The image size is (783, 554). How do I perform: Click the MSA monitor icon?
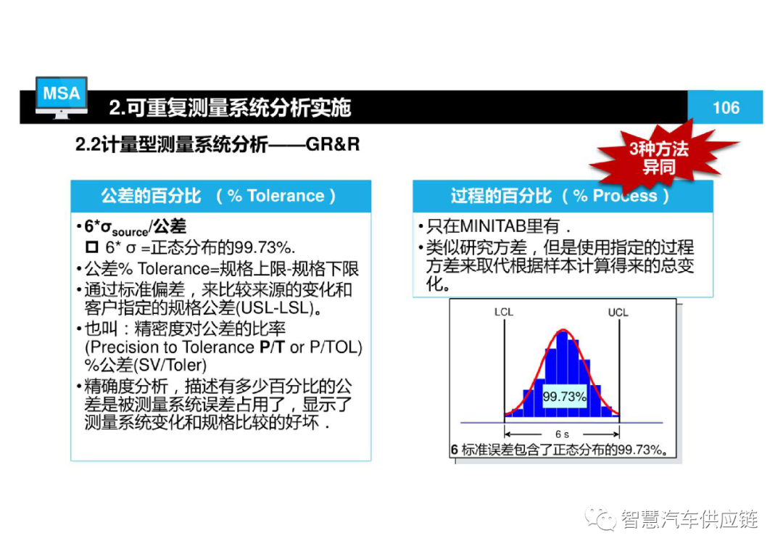[x=62, y=97]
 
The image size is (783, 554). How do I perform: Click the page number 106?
[x=726, y=107]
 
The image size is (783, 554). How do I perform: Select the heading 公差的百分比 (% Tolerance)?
[x=218, y=195]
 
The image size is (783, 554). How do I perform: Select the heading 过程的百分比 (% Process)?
[x=560, y=195]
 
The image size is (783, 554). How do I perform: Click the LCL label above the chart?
[x=503, y=312]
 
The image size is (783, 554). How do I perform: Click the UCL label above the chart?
[x=618, y=313]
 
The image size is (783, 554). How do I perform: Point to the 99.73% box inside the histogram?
[x=564, y=397]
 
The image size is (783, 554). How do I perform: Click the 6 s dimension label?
[x=562, y=434]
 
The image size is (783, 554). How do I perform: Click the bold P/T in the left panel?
[x=272, y=347]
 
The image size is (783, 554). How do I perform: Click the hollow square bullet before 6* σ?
[x=92, y=247]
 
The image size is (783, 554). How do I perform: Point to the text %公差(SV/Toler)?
[x=146, y=365]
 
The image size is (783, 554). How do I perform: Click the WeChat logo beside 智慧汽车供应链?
[x=601, y=518]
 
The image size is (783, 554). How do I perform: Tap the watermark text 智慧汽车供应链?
[x=689, y=519]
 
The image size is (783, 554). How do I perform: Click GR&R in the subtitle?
[x=333, y=144]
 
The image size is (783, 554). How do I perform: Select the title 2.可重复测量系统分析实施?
[x=230, y=107]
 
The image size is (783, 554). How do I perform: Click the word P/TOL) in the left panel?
[x=336, y=347]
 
